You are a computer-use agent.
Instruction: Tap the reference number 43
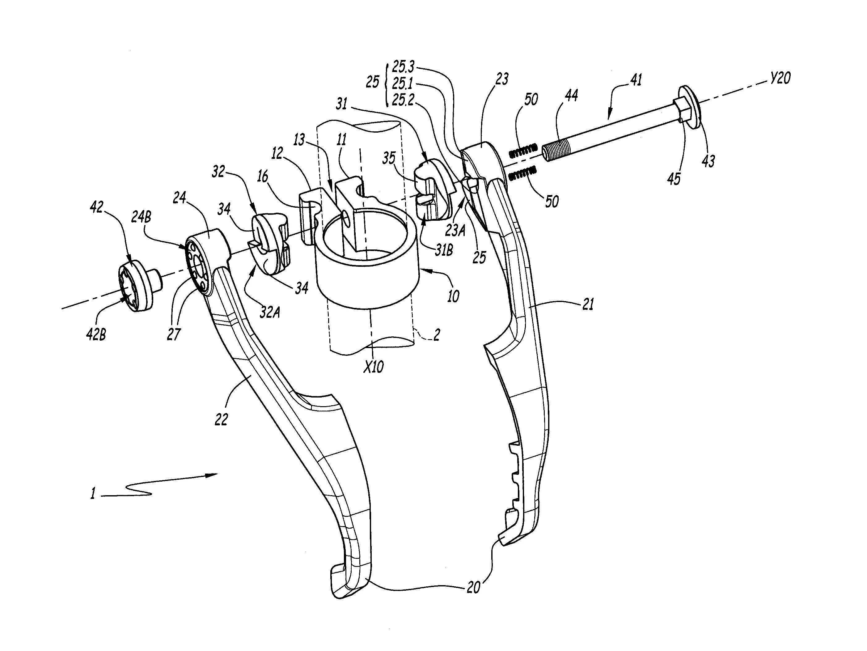pyautogui.click(x=708, y=161)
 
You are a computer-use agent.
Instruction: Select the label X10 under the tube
pyautogui.click(x=373, y=367)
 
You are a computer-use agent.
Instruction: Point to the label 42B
pyautogui.click(x=96, y=335)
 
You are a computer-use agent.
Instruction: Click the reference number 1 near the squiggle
pyautogui.click(x=93, y=493)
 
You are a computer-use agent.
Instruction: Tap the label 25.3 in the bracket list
pyautogui.click(x=403, y=67)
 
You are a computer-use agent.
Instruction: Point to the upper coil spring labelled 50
pyautogui.click(x=523, y=151)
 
